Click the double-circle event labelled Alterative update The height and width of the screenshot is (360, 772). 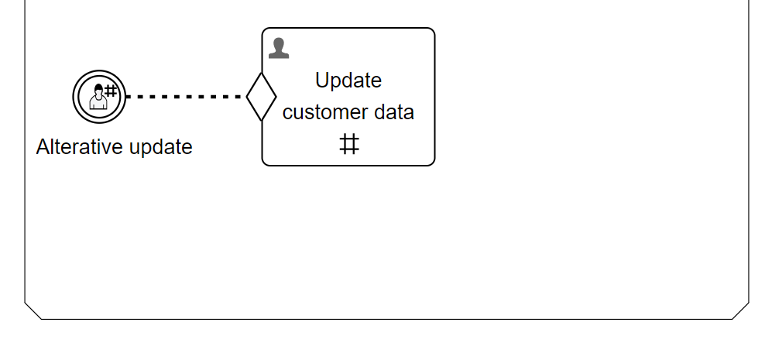click(99, 97)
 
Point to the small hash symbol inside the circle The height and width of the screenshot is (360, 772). click(111, 90)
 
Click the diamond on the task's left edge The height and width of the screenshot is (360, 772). click(262, 97)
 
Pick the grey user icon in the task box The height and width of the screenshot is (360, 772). click(279, 48)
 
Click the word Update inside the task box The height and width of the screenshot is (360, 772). click(348, 81)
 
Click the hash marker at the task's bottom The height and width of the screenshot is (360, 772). click(349, 144)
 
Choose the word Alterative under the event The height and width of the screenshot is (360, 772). click(79, 147)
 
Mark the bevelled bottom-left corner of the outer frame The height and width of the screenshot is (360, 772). click(33, 311)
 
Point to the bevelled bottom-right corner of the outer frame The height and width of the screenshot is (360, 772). click(741, 311)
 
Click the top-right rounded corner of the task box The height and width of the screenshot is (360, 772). click(431, 32)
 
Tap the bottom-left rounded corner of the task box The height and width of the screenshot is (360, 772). click(266, 162)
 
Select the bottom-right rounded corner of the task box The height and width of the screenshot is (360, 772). click(431, 162)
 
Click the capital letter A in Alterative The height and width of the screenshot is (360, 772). click(43, 147)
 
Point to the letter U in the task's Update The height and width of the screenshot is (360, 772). click(322, 81)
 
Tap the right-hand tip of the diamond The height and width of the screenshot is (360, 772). click(276, 97)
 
